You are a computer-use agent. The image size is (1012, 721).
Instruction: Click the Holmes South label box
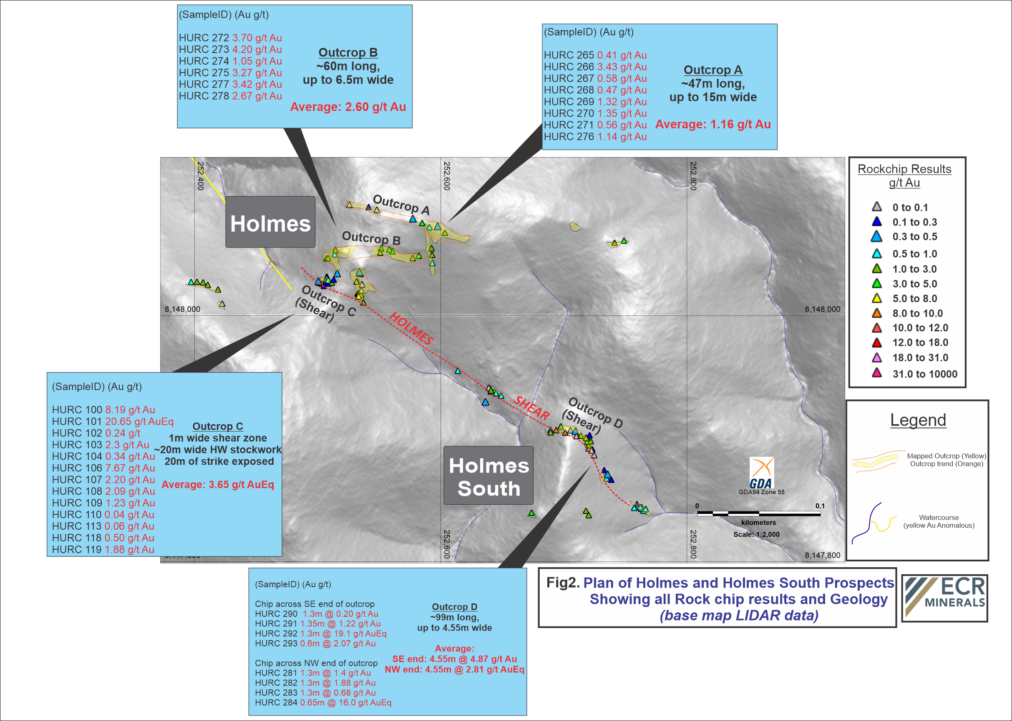point(488,476)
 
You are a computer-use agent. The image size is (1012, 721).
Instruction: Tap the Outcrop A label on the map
point(401,205)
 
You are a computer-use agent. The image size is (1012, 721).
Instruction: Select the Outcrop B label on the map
point(371,238)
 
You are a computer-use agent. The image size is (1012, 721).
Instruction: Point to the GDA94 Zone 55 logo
point(761,476)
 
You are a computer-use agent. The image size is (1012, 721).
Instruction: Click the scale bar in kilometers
point(758,514)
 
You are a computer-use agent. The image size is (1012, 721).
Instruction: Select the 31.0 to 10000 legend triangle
point(876,373)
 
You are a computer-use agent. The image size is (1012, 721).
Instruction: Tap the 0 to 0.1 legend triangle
point(876,206)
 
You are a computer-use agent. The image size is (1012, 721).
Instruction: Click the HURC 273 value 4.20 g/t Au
point(257,49)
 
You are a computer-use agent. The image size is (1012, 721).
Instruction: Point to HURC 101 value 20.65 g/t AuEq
point(139,421)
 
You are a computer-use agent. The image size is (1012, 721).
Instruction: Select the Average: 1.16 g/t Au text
point(713,124)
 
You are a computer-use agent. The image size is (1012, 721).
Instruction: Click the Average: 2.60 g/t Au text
point(348,107)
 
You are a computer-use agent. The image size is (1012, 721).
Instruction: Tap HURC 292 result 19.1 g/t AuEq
point(343,633)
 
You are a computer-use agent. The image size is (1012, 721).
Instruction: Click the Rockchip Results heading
point(904,169)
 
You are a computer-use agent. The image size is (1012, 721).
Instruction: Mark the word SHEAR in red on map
point(531,408)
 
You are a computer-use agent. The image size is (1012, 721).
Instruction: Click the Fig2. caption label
point(563,583)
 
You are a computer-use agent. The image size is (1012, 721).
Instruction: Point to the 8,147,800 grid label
point(822,555)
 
